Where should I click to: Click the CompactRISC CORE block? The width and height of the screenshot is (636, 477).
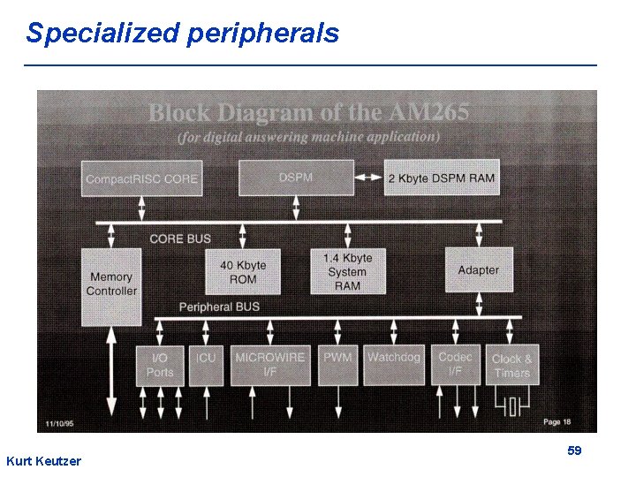tap(141, 178)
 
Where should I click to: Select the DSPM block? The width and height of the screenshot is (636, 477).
tap(296, 178)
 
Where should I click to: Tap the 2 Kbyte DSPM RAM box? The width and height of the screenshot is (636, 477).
tap(441, 178)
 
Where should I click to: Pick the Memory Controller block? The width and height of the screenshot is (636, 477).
tap(111, 284)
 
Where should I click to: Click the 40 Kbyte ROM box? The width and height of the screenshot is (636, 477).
tap(243, 272)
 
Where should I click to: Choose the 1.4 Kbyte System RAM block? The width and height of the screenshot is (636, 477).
tap(347, 272)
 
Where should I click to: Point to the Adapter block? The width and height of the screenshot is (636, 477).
tap(478, 270)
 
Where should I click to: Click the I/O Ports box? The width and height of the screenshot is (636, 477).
tap(160, 365)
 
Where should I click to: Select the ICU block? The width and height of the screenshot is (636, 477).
tap(206, 365)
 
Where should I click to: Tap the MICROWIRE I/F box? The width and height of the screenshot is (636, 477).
tap(270, 365)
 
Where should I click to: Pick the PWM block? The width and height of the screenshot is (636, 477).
tap(337, 365)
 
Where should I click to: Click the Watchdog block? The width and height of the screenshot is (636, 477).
tap(394, 365)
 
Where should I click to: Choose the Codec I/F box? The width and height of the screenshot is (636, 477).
tap(455, 365)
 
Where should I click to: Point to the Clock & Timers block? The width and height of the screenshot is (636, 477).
tap(512, 365)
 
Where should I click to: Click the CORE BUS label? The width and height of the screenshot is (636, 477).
tap(179, 238)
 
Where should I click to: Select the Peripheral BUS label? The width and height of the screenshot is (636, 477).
tap(219, 307)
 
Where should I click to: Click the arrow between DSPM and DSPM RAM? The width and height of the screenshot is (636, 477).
tap(369, 178)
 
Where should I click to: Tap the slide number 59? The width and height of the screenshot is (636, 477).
tap(574, 450)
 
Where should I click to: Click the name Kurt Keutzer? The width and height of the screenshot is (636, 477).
tap(43, 461)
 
